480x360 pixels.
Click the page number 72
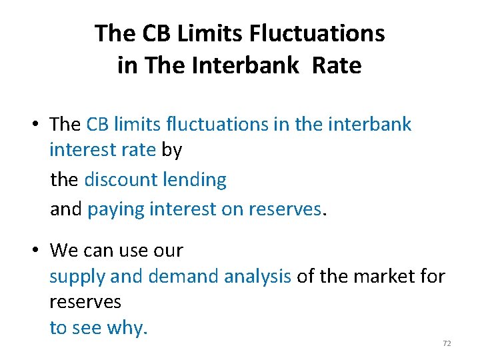(x=447, y=343)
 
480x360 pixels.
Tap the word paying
(x=116, y=210)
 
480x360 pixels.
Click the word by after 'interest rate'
(x=171, y=151)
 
